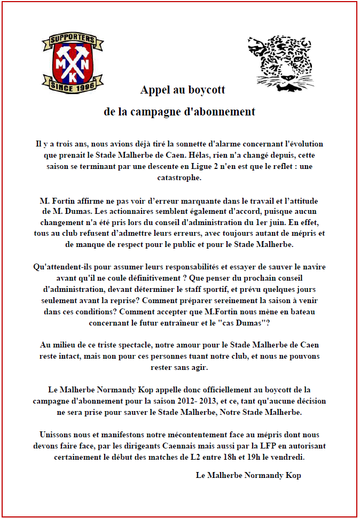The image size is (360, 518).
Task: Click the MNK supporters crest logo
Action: [73, 63]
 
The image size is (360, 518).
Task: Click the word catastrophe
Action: [180, 177]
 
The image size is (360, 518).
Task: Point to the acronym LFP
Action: [265, 445]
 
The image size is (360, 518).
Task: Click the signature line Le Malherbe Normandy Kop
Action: [248, 475]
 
